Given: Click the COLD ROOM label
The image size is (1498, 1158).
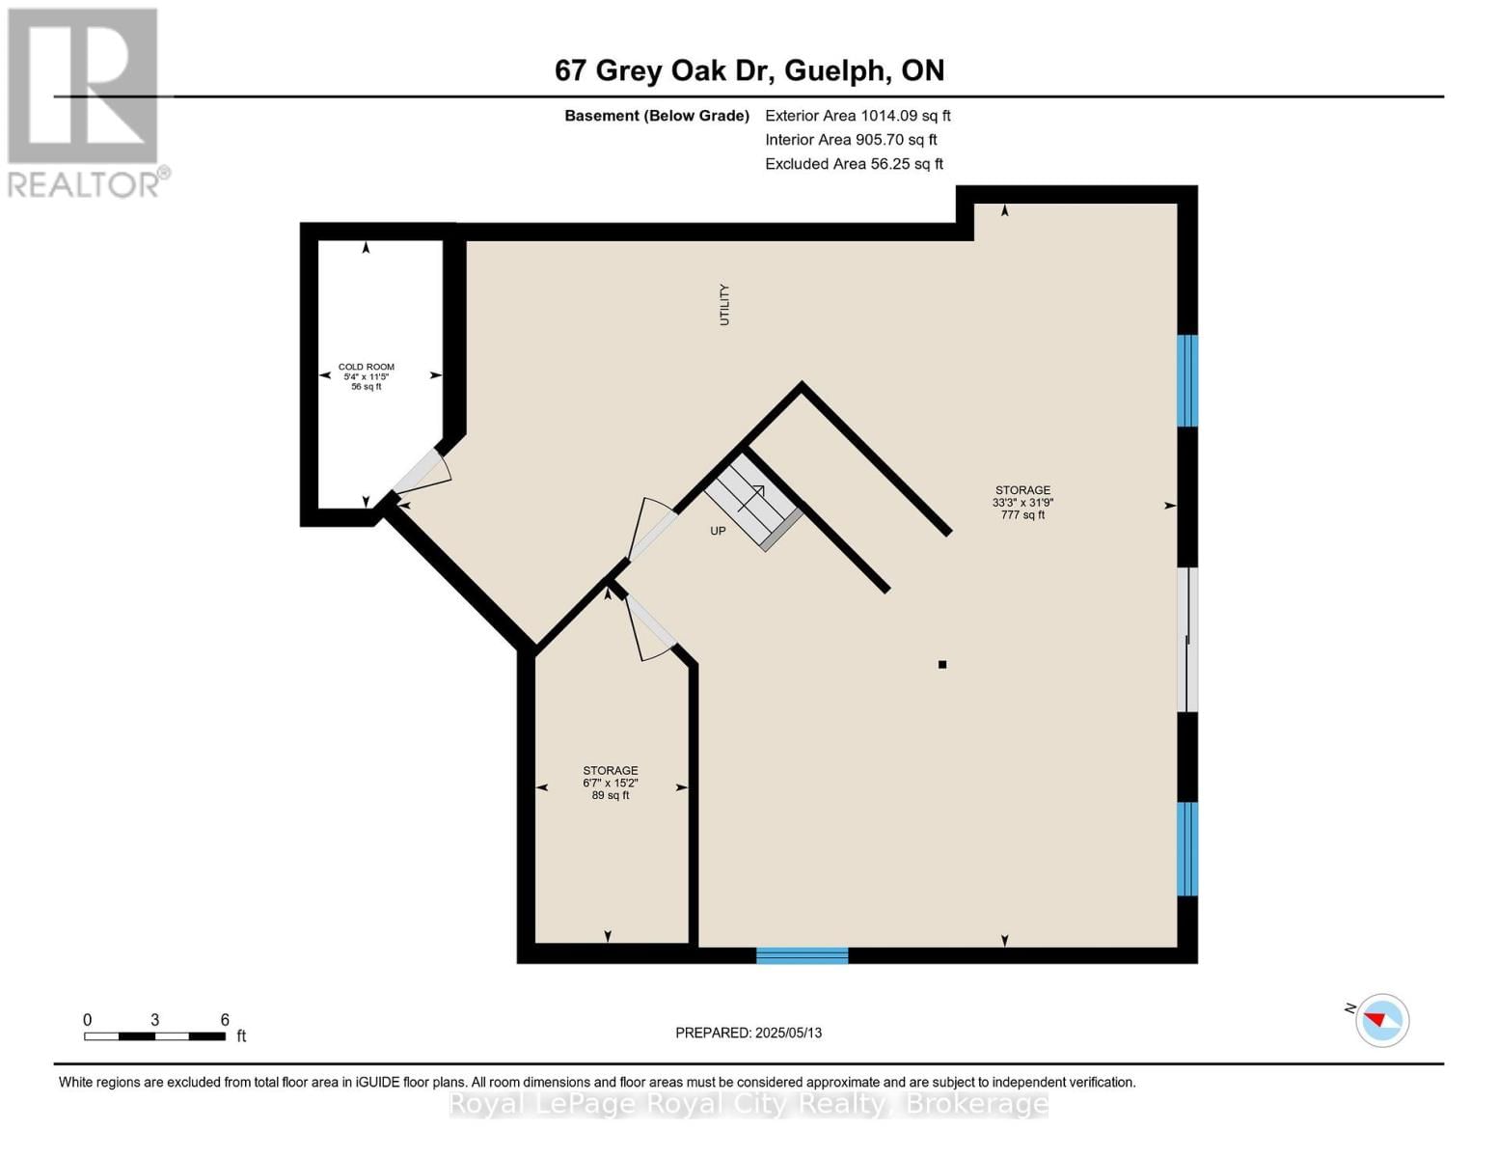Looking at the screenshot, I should tap(367, 368).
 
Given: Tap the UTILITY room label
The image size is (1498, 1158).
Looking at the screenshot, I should tap(724, 305).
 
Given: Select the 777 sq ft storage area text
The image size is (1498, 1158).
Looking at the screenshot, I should tap(1022, 515).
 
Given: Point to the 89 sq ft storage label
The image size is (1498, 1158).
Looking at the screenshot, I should tap(611, 795).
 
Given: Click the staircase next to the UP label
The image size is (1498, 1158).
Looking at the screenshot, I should tap(753, 502).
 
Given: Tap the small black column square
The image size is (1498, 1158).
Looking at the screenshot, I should tap(942, 664).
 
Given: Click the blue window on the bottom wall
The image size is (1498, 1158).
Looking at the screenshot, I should tap(802, 955).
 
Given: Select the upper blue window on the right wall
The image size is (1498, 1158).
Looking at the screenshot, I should tap(1187, 380).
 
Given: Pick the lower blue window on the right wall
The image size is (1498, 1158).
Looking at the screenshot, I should tap(1187, 848).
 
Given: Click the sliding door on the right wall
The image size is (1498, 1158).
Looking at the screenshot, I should tap(1188, 640).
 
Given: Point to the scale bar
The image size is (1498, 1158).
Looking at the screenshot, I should tap(154, 1036).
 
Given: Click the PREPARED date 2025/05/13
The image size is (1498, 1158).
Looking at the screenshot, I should tap(749, 1033).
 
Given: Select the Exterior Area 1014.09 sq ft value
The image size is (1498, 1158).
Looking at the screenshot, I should tap(858, 116).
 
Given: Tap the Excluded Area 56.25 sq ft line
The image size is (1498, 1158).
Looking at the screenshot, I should tap(854, 164).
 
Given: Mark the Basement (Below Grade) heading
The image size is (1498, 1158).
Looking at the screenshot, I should tap(657, 116).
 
